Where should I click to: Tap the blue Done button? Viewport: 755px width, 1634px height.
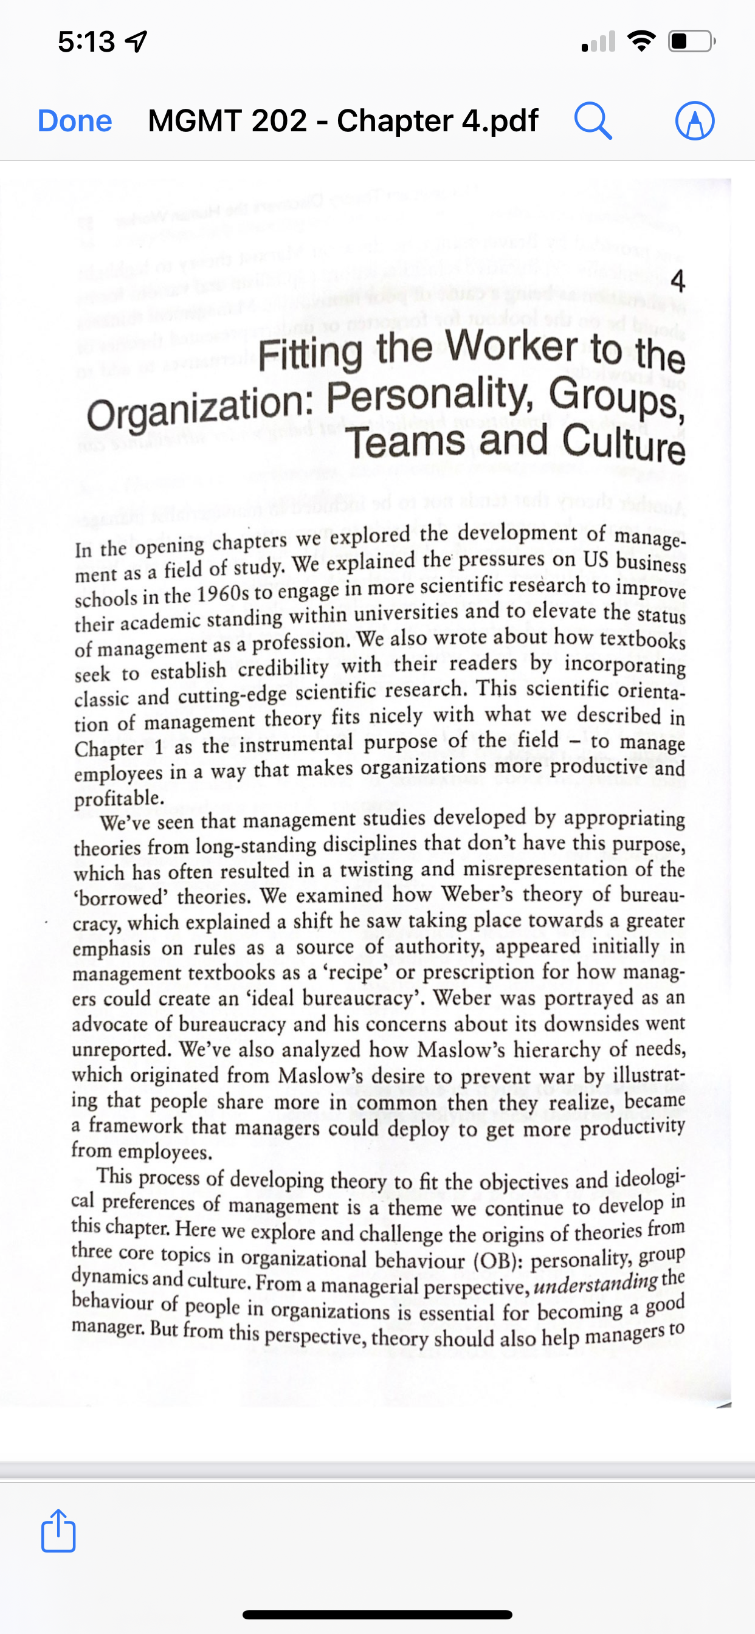coord(75,120)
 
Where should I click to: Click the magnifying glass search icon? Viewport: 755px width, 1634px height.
coord(593,120)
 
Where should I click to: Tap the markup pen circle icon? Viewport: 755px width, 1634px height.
coord(695,120)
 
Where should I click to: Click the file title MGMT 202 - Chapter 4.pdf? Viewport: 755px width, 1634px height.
coord(343,120)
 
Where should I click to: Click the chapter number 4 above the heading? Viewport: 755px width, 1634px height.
coord(678,281)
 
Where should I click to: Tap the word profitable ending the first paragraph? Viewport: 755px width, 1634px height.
coord(119,798)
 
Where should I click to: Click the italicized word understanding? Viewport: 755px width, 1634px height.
coord(595,1283)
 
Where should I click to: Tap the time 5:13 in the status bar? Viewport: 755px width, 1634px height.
coord(87,42)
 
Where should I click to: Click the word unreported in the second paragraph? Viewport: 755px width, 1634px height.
coord(121,1049)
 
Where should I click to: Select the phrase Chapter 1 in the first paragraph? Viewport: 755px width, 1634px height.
coord(119,748)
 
